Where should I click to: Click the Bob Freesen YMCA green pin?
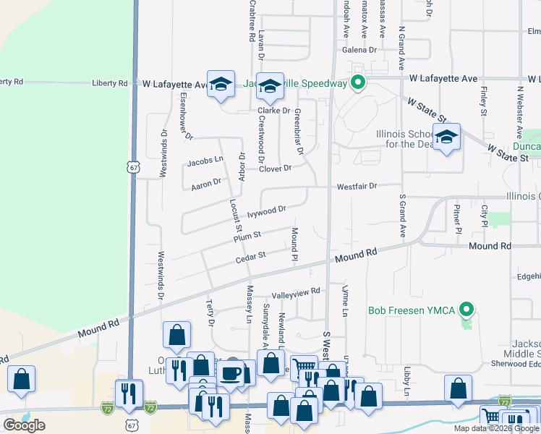[x=467, y=310]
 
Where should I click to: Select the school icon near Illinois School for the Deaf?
[x=447, y=137]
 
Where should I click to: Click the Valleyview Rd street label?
[x=295, y=293]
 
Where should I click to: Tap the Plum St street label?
[x=247, y=237]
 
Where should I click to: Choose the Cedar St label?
[x=251, y=255]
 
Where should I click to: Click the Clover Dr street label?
[x=276, y=169]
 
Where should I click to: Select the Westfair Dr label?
[x=357, y=186]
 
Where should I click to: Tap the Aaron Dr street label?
[x=205, y=184]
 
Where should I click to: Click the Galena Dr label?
[x=359, y=50]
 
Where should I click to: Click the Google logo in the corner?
[x=24, y=425]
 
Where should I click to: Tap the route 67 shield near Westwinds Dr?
[x=133, y=167]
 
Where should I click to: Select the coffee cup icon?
[x=231, y=373]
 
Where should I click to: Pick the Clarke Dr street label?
[x=274, y=111]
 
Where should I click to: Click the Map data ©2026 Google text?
[x=496, y=428]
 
